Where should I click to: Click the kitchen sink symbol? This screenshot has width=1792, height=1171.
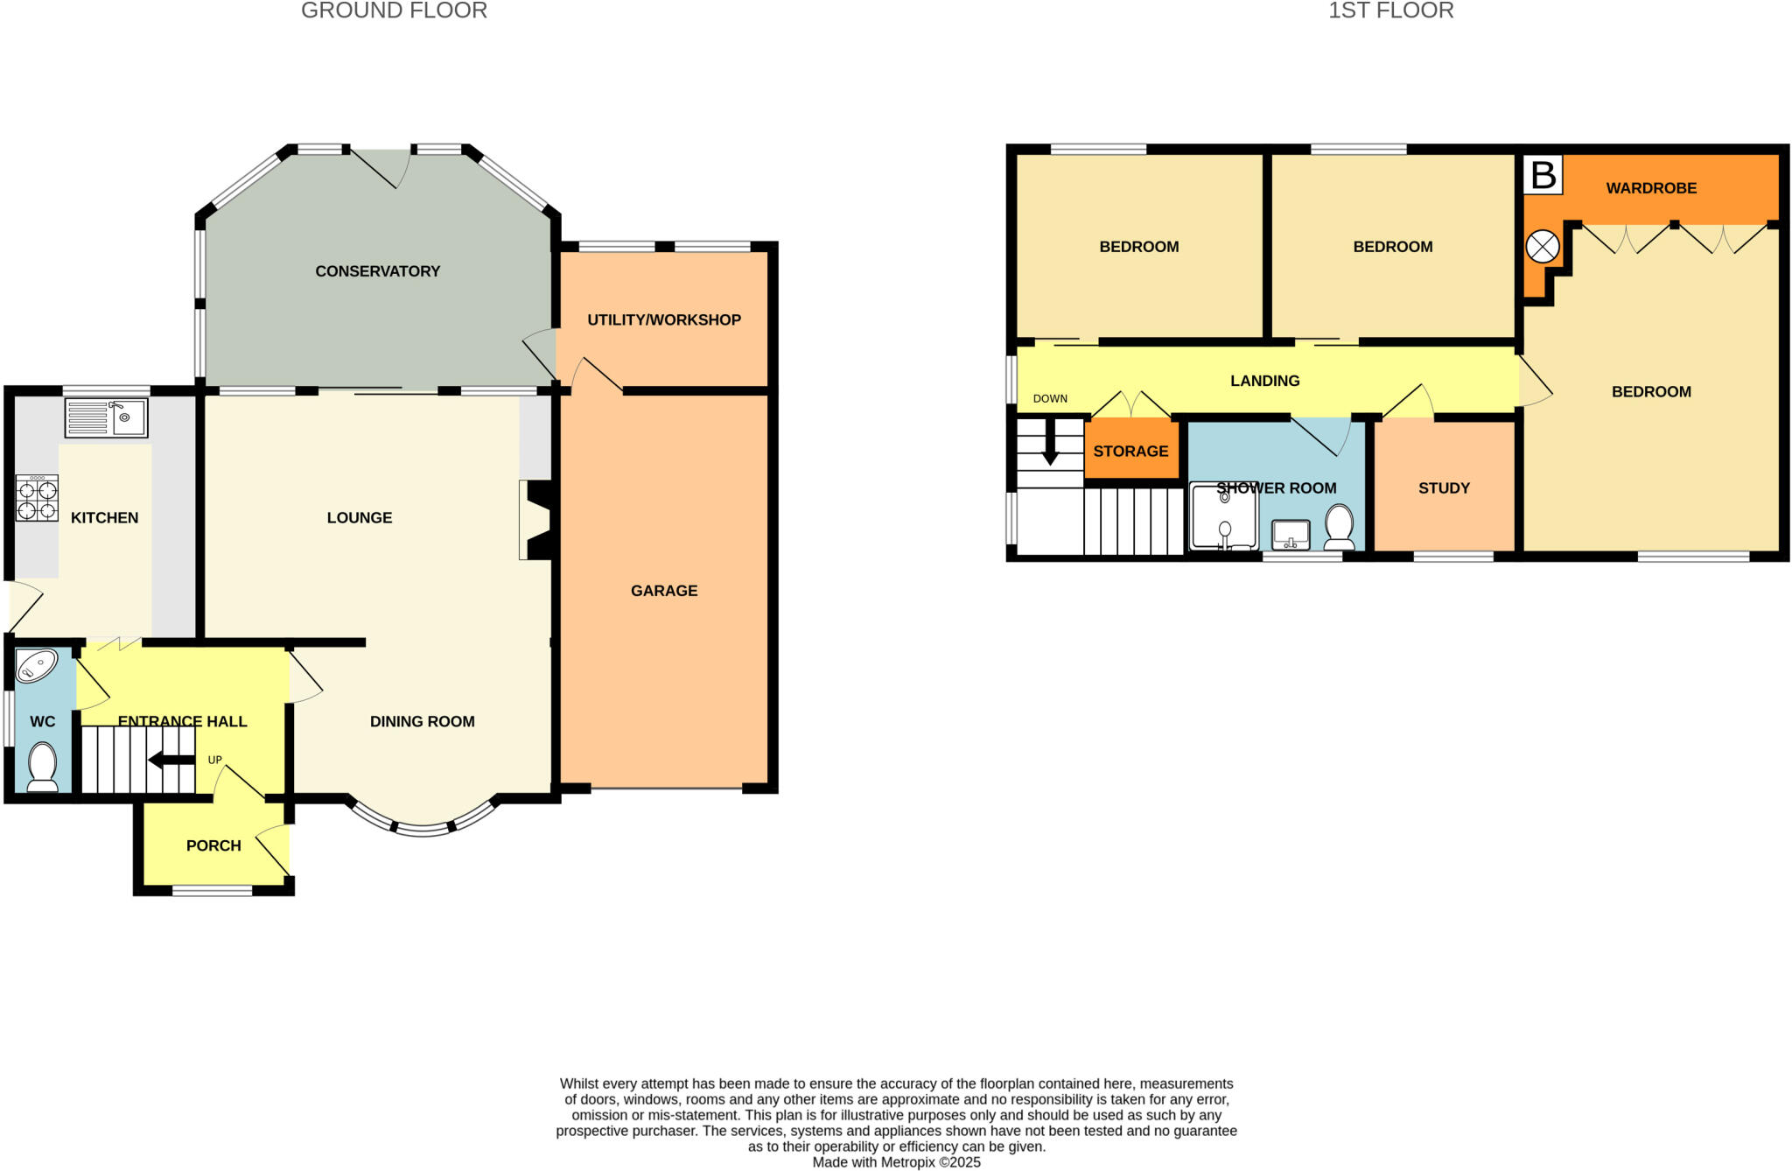(106, 417)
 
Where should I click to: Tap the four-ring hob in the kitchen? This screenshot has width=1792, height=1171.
(37, 498)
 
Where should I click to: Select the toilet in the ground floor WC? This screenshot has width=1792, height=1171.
(42, 767)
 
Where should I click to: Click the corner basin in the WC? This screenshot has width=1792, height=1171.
(36, 665)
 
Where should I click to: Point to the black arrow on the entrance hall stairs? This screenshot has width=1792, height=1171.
(171, 760)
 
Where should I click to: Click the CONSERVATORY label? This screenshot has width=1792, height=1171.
(377, 271)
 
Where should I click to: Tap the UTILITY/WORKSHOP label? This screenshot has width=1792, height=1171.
(663, 320)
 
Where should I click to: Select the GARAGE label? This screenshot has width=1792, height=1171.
(663, 591)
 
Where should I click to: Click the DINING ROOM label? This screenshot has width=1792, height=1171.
(422, 721)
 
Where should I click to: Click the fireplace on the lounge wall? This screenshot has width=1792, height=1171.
(535, 519)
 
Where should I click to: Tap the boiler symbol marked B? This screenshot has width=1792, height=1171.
(1543, 175)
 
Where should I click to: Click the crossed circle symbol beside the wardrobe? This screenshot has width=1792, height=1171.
(1542, 247)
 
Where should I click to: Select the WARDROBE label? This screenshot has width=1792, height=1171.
(1650, 188)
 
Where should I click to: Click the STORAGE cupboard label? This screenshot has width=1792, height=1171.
(1130, 452)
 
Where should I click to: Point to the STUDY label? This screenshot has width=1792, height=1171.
(1444, 488)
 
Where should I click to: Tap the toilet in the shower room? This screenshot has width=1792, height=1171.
(1339, 527)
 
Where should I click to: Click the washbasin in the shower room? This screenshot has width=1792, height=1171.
(1290, 534)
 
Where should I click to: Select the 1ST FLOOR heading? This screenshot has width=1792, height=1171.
(1390, 11)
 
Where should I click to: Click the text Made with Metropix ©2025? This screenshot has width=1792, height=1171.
(896, 1162)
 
